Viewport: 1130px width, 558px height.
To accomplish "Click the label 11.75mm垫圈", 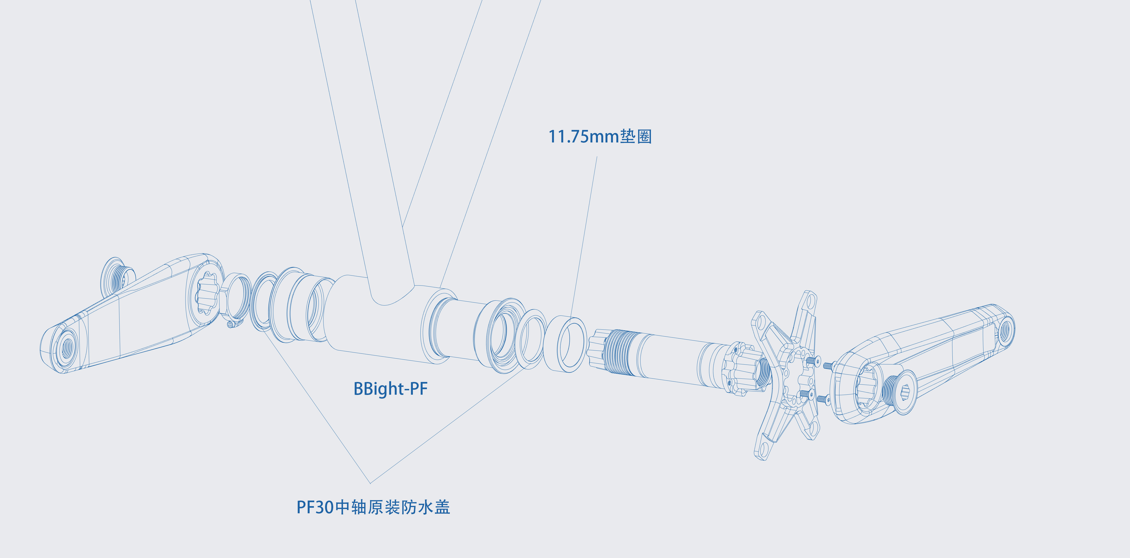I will [600, 136].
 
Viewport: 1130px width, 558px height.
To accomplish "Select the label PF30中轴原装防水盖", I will [373, 507].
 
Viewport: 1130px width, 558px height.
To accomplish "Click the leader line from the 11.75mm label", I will [584, 237].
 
